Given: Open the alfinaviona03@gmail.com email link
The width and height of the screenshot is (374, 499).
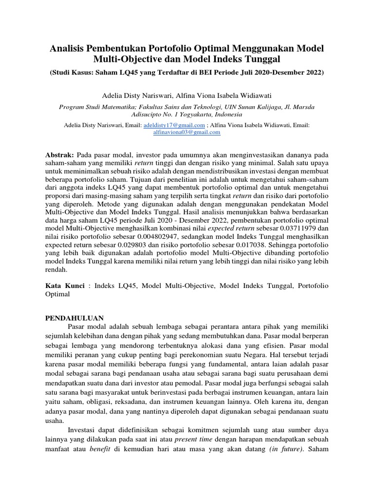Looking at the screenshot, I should coord(187,132).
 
